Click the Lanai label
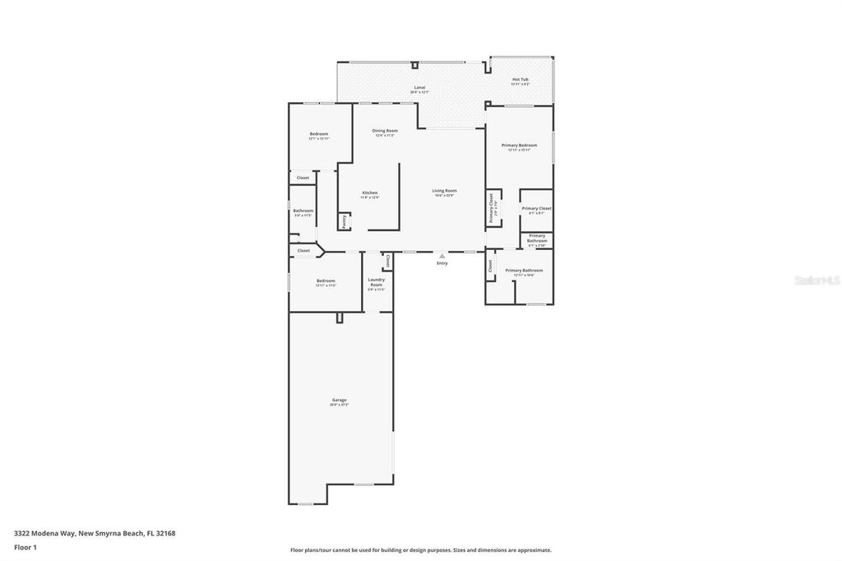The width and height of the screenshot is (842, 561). point(419,87)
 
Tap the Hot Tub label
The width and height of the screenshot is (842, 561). point(520,80)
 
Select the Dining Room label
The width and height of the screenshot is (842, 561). point(385,131)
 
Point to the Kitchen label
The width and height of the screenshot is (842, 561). point(370,193)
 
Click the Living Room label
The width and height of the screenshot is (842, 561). point(444,191)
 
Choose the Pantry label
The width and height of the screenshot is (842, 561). point(343,221)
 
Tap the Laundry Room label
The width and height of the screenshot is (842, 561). point(376,282)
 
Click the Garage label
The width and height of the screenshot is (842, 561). point(339,401)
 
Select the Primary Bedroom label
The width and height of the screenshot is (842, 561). point(520,145)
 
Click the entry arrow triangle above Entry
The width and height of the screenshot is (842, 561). point(442,256)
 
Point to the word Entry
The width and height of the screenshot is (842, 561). point(442,263)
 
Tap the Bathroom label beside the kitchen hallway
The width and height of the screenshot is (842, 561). point(303,211)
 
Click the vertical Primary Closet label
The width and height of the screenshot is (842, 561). point(492,208)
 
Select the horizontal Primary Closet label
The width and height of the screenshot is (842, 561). point(536,209)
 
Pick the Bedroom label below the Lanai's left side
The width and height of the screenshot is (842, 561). point(319,134)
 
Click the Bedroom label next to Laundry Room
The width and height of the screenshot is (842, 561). point(326,281)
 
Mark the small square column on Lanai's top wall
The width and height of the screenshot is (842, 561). point(414,64)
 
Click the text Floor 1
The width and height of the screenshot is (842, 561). point(25,546)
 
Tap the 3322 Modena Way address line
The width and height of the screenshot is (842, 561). point(95,533)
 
